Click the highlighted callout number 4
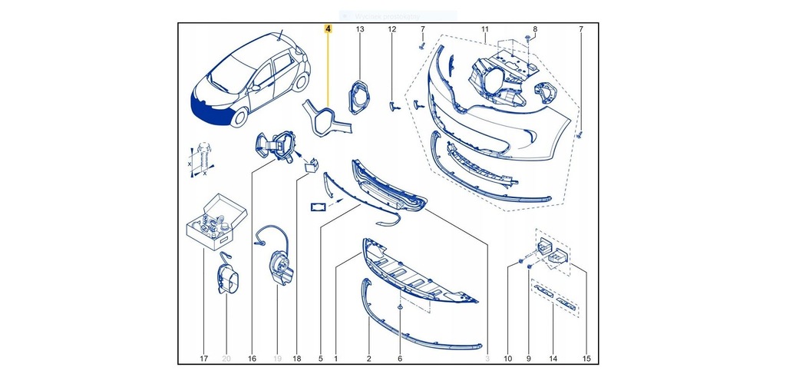tap(329, 29)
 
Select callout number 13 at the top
tap(360, 29)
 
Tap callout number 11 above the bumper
tap(484, 29)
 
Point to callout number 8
tap(535, 29)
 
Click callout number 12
tap(391, 29)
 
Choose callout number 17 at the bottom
tap(203, 358)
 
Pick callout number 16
tap(252, 358)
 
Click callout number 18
tap(298, 358)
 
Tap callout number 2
tap(368, 358)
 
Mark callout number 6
tap(400, 358)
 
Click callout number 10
tap(508, 358)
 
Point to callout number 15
tap(587, 358)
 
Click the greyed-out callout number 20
tap(226, 358)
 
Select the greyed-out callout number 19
tap(278, 358)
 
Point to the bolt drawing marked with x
tap(203, 159)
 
